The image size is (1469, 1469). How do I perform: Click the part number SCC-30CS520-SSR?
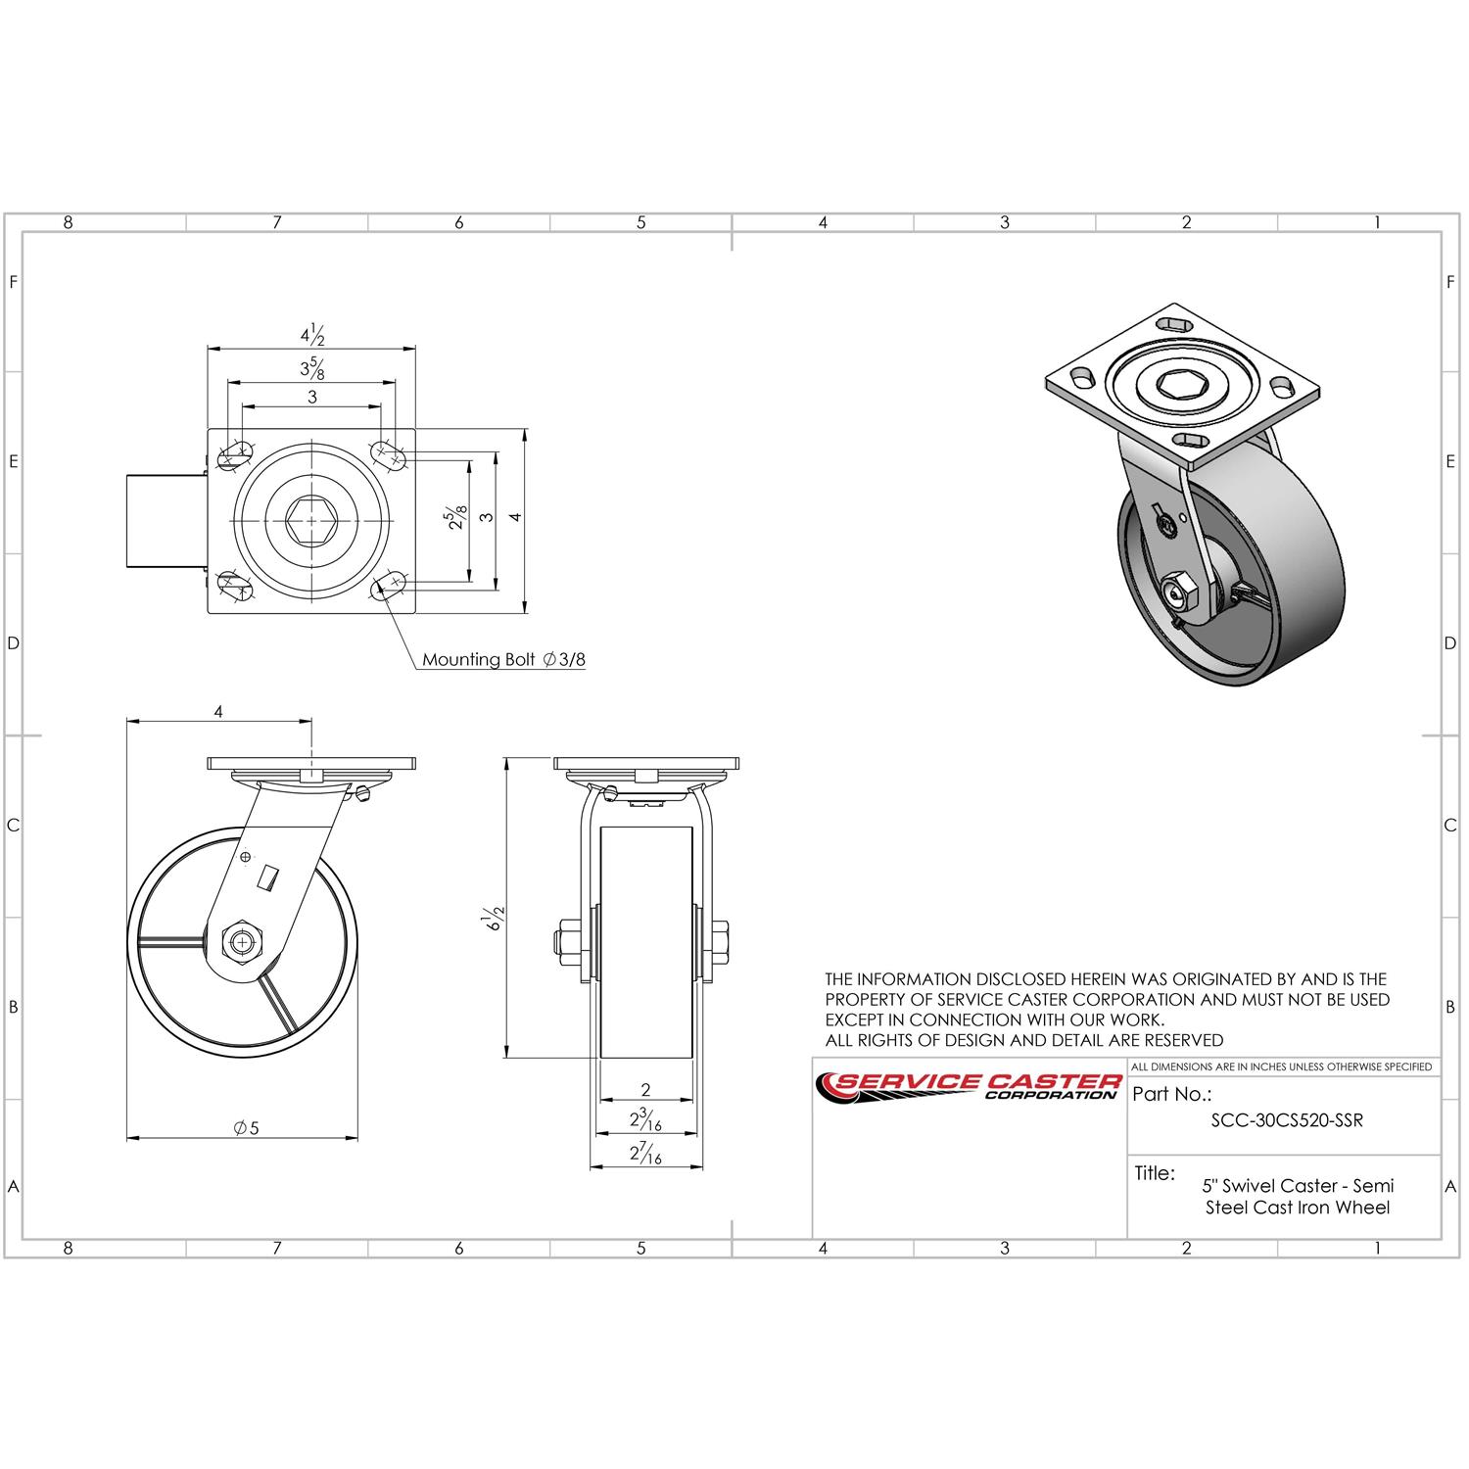[1287, 1121]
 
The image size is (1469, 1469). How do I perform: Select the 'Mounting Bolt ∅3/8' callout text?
[503, 659]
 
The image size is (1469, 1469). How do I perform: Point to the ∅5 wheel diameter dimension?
[247, 1128]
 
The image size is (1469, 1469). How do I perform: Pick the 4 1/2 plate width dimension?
[311, 335]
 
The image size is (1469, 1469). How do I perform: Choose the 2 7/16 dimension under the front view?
[645, 1156]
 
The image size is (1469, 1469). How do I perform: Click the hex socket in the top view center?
[311, 519]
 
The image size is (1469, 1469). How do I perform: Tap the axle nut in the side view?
[241, 943]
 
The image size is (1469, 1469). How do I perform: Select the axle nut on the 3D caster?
[1177, 591]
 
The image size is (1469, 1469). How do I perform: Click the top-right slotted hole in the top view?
[389, 453]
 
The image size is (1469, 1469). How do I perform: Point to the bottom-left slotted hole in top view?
[233, 586]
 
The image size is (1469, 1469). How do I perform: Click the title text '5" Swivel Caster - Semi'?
[1298, 1185]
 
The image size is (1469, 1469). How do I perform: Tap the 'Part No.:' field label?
[1171, 1094]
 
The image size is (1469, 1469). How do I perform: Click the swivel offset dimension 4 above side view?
[218, 712]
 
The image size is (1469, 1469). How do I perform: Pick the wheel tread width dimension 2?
[645, 1089]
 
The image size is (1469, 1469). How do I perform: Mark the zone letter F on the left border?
[14, 282]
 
